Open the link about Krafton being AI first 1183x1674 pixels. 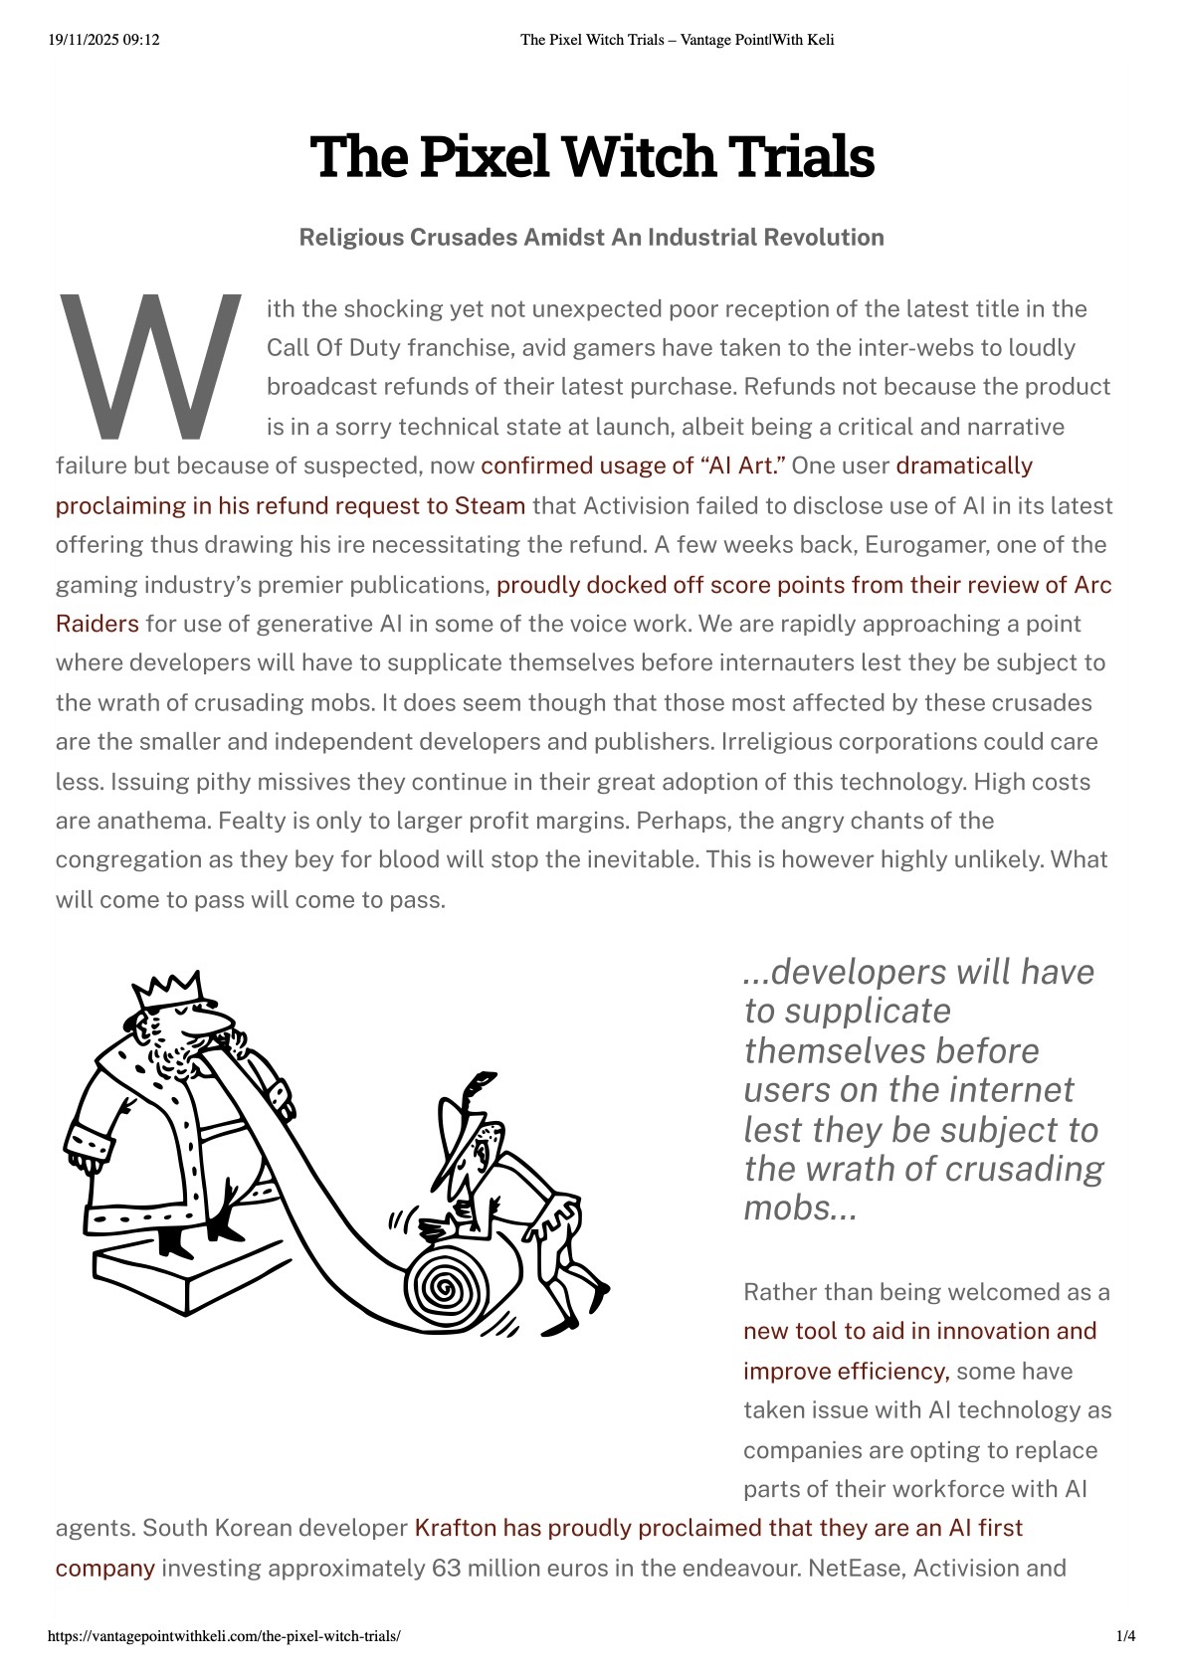coord(717,1528)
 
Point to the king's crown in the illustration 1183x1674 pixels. coord(169,990)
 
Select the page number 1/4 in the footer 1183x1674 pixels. coord(1125,1636)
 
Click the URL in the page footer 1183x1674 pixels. coord(224,1636)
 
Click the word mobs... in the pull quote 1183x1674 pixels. coord(800,1208)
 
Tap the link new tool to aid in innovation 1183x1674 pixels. coord(919,1331)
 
